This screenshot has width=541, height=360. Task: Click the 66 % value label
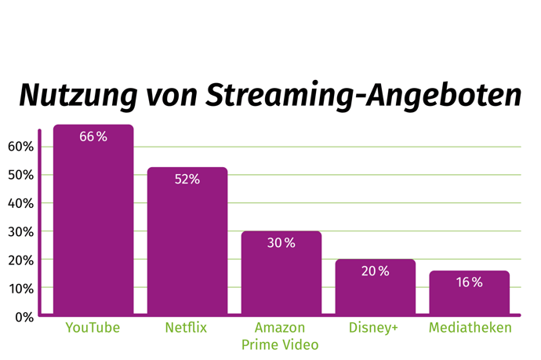93,136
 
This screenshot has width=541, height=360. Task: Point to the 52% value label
187,180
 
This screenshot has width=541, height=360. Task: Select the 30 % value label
281,243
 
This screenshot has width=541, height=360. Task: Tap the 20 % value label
375,271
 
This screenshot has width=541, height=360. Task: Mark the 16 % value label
469,282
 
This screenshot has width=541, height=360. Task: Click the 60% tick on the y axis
20,147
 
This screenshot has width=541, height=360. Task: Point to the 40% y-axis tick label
20,203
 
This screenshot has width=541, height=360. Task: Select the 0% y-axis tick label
24,317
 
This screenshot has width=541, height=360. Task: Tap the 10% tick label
20,289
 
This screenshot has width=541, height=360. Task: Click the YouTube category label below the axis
93,328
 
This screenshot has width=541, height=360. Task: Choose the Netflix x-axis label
187,328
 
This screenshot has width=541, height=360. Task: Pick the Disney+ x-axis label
375,328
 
